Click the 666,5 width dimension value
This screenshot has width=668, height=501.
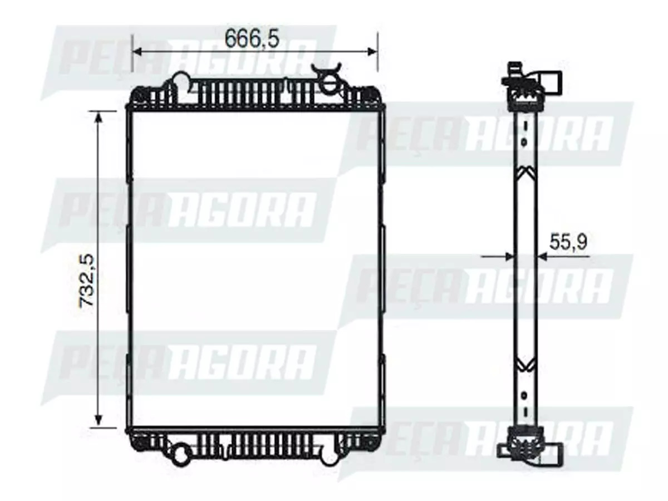coord(252,38)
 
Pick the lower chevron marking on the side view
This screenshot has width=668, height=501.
coord(525,365)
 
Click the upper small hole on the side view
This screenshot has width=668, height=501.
coord(524,143)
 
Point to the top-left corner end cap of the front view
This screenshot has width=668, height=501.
coord(139,96)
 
